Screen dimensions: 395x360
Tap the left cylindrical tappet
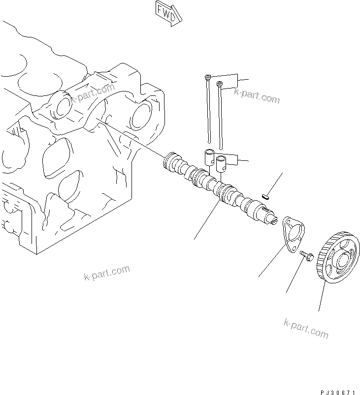click(x=209, y=157)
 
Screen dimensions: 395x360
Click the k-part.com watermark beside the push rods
click(x=256, y=95)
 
